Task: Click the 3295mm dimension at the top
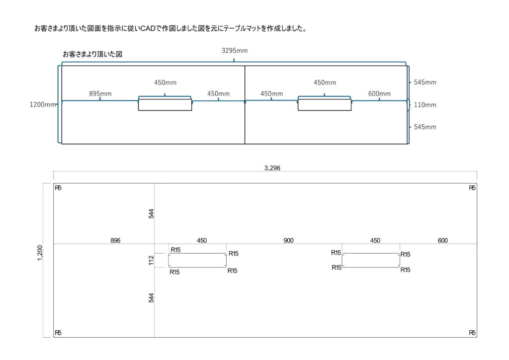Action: pyautogui.click(x=235, y=50)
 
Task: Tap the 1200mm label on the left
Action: pyautogui.click(x=43, y=104)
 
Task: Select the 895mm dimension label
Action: pyautogui.click(x=100, y=93)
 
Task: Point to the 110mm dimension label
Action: pyautogui.click(x=425, y=105)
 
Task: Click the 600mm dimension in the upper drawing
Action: pyautogui.click(x=379, y=94)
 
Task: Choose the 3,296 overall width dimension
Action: pyautogui.click(x=272, y=168)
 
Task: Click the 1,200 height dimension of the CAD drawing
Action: pyautogui.click(x=41, y=252)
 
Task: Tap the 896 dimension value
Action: pyautogui.click(x=115, y=241)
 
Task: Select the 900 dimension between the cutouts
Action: pyautogui.click(x=288, y=241)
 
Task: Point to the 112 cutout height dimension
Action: pyautogui.click(x=152, y=260)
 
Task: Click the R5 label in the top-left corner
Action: pyautogui.click(x=58, y=188)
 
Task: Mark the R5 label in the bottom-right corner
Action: pyautogui.click(x=472, y=333)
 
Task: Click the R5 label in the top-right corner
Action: pyautogui.click(x=472, y=188)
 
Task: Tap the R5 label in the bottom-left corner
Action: pyautogui.click(x=58, y=333)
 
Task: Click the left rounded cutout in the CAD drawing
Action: pyautogui.click(x=197, y=260)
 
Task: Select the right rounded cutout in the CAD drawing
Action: pyautogui.click(x=371, y=260)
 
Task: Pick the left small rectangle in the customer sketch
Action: pyautogui.click(x=165, y=104)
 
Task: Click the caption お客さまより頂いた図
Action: pyautogui.click(x=92, y=54)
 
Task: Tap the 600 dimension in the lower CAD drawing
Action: pyautogui.click(x=443, y=241)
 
